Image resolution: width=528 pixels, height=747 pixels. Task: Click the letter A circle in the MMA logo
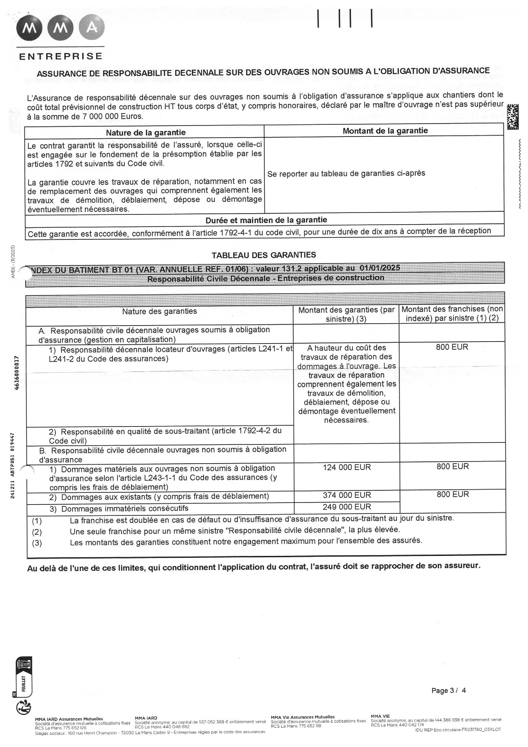click(x=92, y=28)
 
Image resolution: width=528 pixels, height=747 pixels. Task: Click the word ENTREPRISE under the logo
click(x=61, y=56)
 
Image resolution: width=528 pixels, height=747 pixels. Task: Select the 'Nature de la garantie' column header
click(x=145, y=132)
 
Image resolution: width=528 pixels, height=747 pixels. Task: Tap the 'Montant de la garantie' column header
click(x=385, y=131)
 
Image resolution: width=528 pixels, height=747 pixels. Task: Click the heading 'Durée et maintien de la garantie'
click(x=266, y=220)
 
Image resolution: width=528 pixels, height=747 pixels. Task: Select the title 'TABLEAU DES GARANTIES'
click(x=264, y=255)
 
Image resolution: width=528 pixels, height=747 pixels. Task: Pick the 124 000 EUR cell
click(x=347, y=467)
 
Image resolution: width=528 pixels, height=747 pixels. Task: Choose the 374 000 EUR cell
click(x=347, y=495)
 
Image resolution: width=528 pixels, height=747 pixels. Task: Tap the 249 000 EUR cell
click(x=347, y=506)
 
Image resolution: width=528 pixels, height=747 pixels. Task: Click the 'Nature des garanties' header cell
click(x=159, y=312)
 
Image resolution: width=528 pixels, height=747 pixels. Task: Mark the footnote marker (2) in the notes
click(x=37, y=532)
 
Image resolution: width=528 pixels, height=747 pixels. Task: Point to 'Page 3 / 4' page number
click(x=448, y=690)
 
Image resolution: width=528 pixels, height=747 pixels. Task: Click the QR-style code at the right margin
click(x=512, y=117)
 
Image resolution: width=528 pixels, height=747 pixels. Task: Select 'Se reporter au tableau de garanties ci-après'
click(x=346, y=173)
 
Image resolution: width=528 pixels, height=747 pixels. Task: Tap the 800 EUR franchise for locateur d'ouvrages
click(x=452, y=347)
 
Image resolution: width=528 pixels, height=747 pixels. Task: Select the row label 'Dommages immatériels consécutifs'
click(x=125, y=509)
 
